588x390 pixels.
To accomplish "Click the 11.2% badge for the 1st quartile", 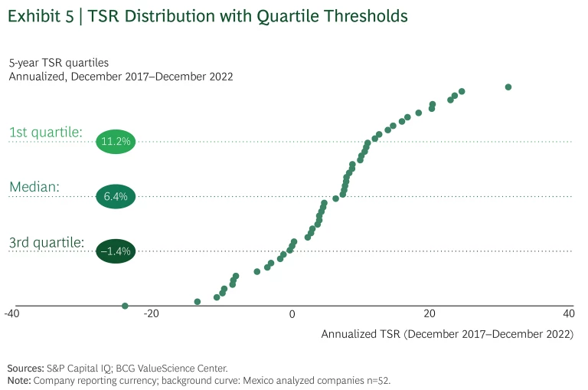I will point(115,142).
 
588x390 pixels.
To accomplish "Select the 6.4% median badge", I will point(115,197).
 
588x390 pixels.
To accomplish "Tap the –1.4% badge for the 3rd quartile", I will point(115,251).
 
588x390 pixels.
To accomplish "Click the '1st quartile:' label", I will point(46,133).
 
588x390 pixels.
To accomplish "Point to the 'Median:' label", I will point(34,188).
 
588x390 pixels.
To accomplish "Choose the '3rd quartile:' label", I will point(47,243).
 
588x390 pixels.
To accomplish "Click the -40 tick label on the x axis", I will point(11,314).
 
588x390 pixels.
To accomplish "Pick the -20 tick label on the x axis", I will point(151,314).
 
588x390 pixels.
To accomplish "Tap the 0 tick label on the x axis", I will point(292,314).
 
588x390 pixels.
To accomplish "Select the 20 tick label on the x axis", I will point(430,314).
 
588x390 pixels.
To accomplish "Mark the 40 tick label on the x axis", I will point(569,314).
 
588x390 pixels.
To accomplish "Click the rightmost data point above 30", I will point(508,87).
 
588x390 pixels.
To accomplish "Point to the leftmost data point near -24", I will point(125,306).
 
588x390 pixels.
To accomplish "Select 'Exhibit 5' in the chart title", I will point(41,15).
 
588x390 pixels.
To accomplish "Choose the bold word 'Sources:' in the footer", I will point(26,369).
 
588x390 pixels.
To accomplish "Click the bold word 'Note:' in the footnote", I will point(19,380).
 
